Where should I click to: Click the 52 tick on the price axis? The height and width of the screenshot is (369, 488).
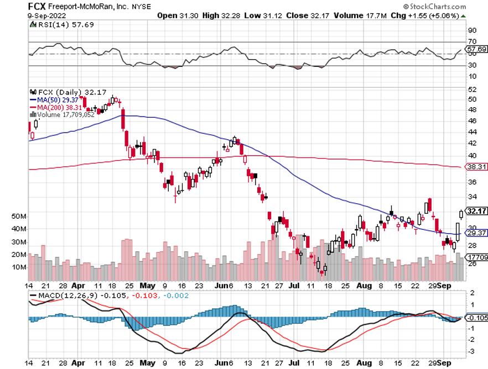(x=471, y=89)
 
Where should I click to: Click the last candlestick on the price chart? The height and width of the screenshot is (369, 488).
(x=461, y=213)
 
